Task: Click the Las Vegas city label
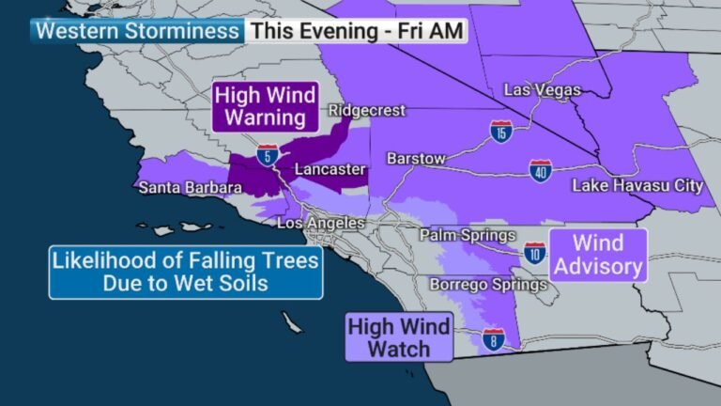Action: pyautogui.click(x=543, y=90)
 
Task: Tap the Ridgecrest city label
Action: pyautogui.click(x=366, y=111)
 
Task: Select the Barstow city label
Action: pyautogui.click(x=415, y=159)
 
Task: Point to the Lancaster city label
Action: pyautogui.click(x=329, y=169)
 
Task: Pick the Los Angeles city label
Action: pyautogui.click(x=320, y=224)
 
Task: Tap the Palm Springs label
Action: pyautogui.click(x=468, y=235)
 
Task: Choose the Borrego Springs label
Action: pyautogui.click(x=476, y=283)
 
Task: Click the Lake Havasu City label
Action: pyautogui.click(x=637, y=186)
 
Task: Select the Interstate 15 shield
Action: pyautogui.click(x=501, y=131)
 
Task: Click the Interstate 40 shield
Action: pyautogui.click(x=539, y=170)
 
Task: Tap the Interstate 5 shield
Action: pyautogui.click(x=268, y=155)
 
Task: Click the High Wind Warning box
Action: pyautogui.click(x=264, y=106)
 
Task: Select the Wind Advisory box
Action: pyautogui.click(x=598, y=255)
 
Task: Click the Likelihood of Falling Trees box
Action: pyautogui.click(x=186, y=272)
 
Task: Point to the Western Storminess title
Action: pyautogui.click(x=137, y=30)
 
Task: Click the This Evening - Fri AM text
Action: pyautogui.click(x=357, y=30)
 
